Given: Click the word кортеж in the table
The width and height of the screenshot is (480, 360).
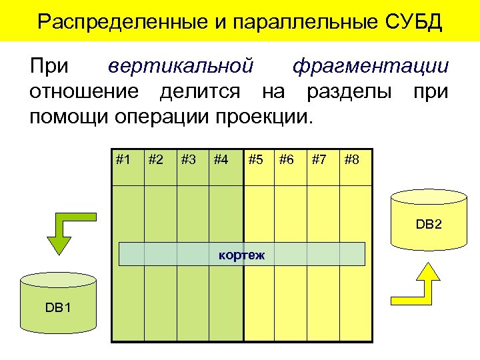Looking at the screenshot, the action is pyautogui.click(x=241, y=254).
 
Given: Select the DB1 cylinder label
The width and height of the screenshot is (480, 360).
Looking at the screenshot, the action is pyautogui.click(x=58, y=307).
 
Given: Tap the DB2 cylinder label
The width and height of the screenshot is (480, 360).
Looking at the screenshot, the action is pyautogui.click(x=429, y=225).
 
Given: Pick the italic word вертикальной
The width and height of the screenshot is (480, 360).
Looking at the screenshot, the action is pyautogui.click(x=181, y=66).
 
